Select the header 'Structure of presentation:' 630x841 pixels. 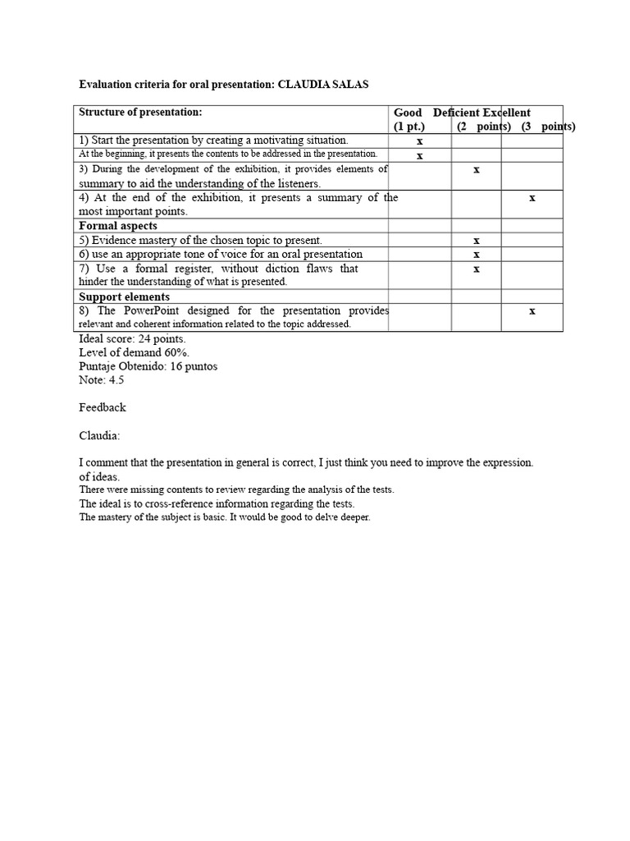(140, 112)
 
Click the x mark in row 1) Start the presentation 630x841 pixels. (419, 141)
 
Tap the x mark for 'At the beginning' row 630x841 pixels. (419, 155)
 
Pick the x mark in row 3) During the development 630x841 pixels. (477, 169)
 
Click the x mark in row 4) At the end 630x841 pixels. (532, 197)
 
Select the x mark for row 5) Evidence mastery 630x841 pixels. (477, 241)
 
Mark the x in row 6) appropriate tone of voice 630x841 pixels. (477, 255)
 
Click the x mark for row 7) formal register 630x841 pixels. (477, 269)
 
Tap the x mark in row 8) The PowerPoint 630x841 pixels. (532, 310)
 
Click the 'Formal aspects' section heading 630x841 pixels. (118, 226)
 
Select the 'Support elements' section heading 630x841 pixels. (125, 296)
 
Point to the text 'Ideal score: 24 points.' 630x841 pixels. (132, 338)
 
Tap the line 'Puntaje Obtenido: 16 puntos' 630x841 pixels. (148, 366)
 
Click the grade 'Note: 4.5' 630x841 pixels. (102, 380)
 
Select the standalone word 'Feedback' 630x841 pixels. (103, 407)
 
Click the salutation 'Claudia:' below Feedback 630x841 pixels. (99, 435)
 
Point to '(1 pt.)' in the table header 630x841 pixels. (409, 126)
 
